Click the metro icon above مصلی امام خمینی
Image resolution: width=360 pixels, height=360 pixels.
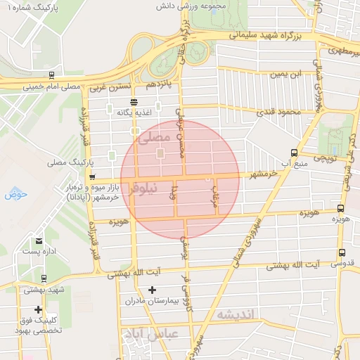point(52,74)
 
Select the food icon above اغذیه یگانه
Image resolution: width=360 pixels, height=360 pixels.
point(134,101)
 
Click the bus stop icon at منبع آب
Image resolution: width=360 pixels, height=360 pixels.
point(293,153)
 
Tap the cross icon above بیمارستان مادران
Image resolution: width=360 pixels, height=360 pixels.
point(152,290)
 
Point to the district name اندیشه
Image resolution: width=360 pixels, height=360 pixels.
point(235,314)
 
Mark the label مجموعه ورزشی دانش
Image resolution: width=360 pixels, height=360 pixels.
point(216,6)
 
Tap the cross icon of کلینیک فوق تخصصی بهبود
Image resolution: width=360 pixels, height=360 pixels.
point(38,309)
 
